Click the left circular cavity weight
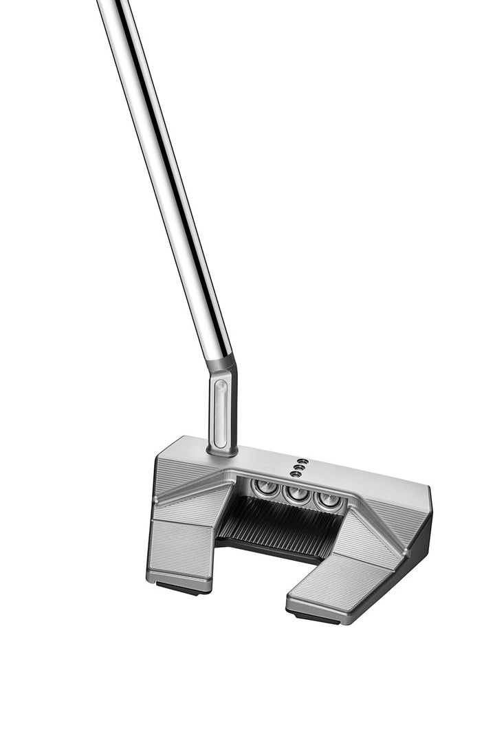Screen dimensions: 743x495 pyautogui.click(x=265, y=488)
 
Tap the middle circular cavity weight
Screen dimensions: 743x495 pyautogui.click(x=298, y=494)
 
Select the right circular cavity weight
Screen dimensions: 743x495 pyautogui.click(x=329, y=500)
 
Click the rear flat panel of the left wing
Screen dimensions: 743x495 pyautogui.click(x=180, y=547)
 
